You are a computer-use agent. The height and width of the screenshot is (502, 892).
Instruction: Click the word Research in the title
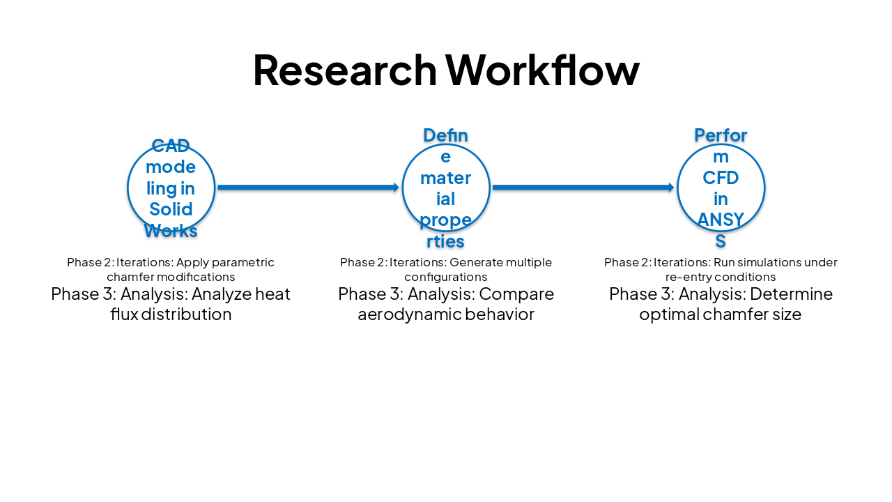[x=344, y=70]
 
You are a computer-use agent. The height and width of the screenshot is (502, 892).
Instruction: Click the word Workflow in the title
[x=542, y=70]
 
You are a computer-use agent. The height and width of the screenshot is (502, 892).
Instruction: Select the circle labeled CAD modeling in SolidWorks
[x=171, y=188]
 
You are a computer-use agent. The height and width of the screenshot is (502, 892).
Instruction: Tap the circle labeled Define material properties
[x=446, y=188]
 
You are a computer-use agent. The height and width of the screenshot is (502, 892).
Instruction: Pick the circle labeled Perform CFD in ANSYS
[x=721, y=188]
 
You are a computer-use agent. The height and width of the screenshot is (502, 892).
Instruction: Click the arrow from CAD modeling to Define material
[x=307, y=188]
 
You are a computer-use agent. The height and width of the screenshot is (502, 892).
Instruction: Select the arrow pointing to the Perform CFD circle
[x=583, y=188]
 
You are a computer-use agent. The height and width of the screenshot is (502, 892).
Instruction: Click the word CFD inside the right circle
[x=721, y=178]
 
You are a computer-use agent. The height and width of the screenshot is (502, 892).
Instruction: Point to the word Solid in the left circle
[x=171, y=209]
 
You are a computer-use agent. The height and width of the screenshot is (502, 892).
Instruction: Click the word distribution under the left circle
[x=187, y=314]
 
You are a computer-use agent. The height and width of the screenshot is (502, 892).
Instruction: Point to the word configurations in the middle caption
[x=446, y=277]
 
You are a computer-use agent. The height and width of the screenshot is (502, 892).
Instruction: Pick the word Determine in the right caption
[x=791, y=294]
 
